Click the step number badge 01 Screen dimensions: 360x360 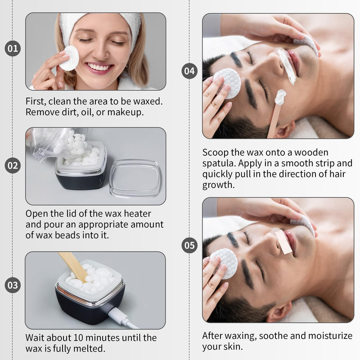point(13,49)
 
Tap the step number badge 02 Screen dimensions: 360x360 point(13,166)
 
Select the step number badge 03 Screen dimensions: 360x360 point(13,285)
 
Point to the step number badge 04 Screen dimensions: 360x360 point(189,71)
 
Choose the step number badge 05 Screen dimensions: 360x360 point(189,245)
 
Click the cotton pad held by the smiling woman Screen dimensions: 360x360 point(69,58)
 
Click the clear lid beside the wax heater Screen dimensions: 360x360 point(135,178)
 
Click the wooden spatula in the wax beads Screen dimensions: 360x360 point(74,266)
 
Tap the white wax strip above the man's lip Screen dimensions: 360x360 point(287,66)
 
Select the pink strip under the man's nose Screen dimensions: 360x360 point(283,242)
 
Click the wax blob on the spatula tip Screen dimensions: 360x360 point(280,97)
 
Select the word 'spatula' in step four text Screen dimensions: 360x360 point(219,163)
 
